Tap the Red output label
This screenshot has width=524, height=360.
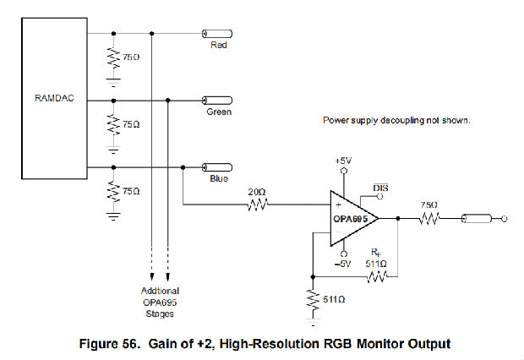click(218, 45)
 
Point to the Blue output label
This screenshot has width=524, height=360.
click(218, 177)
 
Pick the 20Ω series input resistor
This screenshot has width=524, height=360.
click(257, 204)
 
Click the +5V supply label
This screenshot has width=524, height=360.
click(346, 160)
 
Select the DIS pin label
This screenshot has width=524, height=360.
click(380, 187)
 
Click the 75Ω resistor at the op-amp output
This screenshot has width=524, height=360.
click(428, 218)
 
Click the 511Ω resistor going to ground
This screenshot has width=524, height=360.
click(314, 298)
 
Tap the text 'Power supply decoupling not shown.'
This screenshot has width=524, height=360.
click(396, 120)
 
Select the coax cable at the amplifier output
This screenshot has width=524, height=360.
click(478, 219)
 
